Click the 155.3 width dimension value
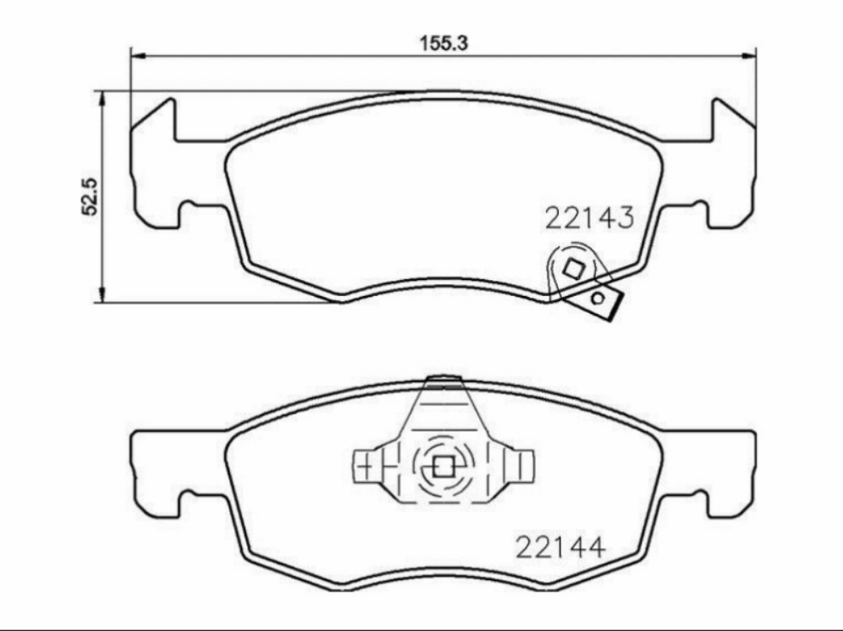(445, 43)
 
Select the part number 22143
(589, 217)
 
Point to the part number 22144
(560, 547)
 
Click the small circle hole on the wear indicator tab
(599, 298)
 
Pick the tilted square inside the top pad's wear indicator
(573, 269)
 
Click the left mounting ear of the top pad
(157, 165)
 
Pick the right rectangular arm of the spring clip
(523, 465)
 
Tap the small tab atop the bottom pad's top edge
(444, 379)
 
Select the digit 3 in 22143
(625, 217)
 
